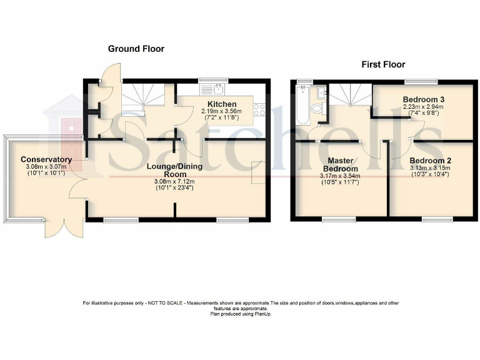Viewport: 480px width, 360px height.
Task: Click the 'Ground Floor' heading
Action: click(136, 49)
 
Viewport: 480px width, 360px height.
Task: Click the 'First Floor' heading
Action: click(383, 64)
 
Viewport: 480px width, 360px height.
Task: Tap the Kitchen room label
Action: click(222, 104)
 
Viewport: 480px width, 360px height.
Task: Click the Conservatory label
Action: click(46, 159)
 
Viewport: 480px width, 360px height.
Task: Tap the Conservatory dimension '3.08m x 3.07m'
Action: click(46, 167)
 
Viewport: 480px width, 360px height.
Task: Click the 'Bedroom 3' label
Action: click(424, 99)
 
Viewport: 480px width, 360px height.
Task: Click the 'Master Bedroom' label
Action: click(341, 164)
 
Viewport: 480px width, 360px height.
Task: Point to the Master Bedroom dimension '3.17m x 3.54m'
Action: click(341, 176)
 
